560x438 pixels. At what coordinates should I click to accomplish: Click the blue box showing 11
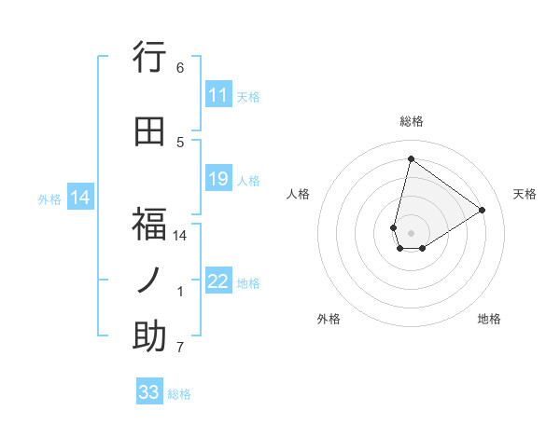218,95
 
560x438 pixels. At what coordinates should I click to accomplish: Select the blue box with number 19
218,180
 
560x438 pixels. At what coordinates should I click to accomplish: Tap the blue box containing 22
218,282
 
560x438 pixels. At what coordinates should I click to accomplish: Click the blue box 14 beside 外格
80,198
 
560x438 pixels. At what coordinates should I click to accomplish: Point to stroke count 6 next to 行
180,68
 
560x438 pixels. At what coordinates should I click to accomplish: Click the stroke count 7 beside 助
180,349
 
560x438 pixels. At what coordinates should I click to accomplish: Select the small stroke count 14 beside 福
180,236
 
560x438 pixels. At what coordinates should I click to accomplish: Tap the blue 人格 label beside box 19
248,181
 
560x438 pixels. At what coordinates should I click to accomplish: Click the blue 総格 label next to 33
179,394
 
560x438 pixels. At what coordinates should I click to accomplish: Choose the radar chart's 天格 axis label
525,194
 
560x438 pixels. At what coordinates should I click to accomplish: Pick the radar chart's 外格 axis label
329,319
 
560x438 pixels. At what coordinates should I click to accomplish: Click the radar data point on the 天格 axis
483,210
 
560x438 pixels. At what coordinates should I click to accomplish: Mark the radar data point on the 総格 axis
411,158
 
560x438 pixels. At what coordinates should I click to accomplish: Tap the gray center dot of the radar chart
411,232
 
